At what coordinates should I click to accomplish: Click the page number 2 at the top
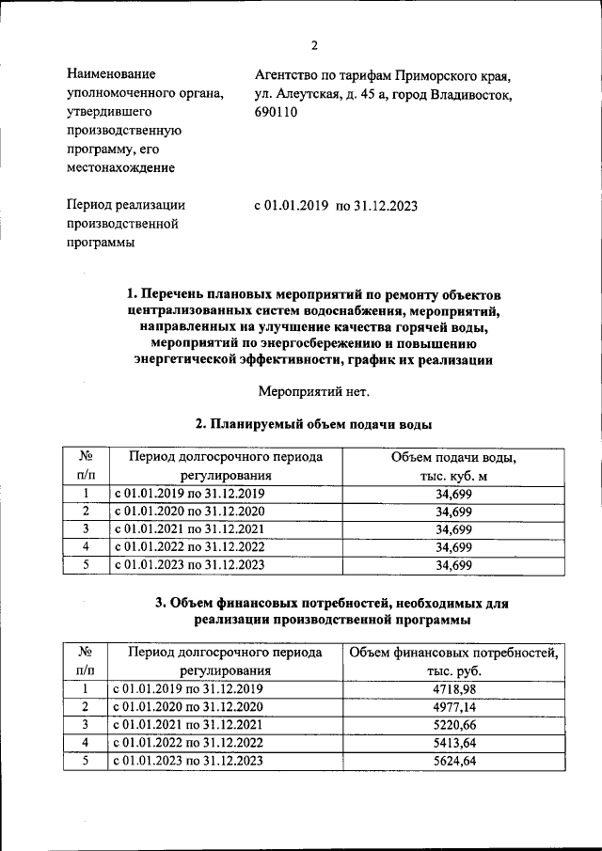coord(314,45)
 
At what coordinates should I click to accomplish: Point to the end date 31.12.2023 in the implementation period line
coord(384,205)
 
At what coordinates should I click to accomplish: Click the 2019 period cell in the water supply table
coord(190,494)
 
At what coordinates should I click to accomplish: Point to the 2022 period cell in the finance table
coord(190,743)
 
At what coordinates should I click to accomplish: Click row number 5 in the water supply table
coord(86,565)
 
